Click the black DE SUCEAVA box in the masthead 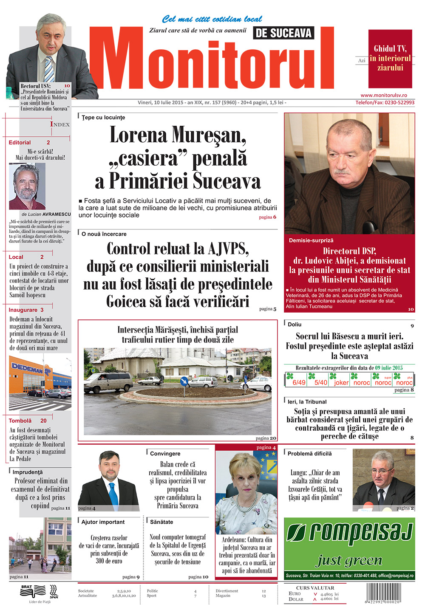[x=284, y=33]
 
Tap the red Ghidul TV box [x=390, y=58]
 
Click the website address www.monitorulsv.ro [x=384, y=96]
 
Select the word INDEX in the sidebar [x=60, y=124]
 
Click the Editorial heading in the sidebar [x=20, y=143]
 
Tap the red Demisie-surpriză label [x=311, y=240]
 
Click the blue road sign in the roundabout [x=184, y=381]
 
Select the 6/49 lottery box [x=298, y=380]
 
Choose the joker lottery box [x=341, y=380]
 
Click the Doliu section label [x=295, y=324]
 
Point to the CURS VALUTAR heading [x=315, y=588]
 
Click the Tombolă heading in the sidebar [x=20, y=421]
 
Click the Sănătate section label [x=161, y=522]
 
